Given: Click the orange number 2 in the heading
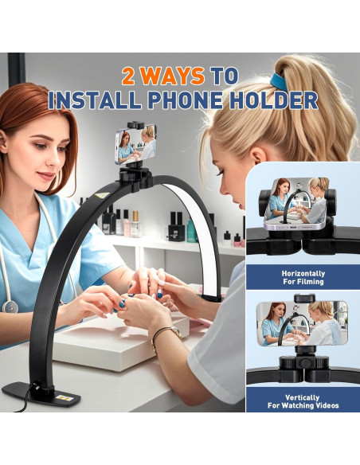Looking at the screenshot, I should click(x=131, y=76).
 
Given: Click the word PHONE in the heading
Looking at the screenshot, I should click(x=199, y=100).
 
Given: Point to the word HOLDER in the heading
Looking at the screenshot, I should click(x=281, y=100).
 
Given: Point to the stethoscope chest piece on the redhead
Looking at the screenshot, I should click(x=10, y=307).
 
